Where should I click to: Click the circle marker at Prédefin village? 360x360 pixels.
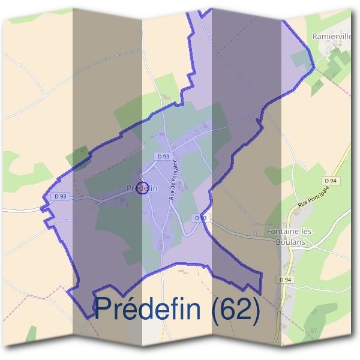pyautogui.click(x=142, y=188)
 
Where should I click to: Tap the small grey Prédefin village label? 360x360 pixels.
pyautogui.click(x=142, y=188)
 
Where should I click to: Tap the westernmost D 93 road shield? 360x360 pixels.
pyautogui.click(x=60, y=196)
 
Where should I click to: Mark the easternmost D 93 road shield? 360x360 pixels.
pyautogui.click(x=200, y=217)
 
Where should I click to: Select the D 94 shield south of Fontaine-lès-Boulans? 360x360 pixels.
pyautogui.click(x=284, y=280)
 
